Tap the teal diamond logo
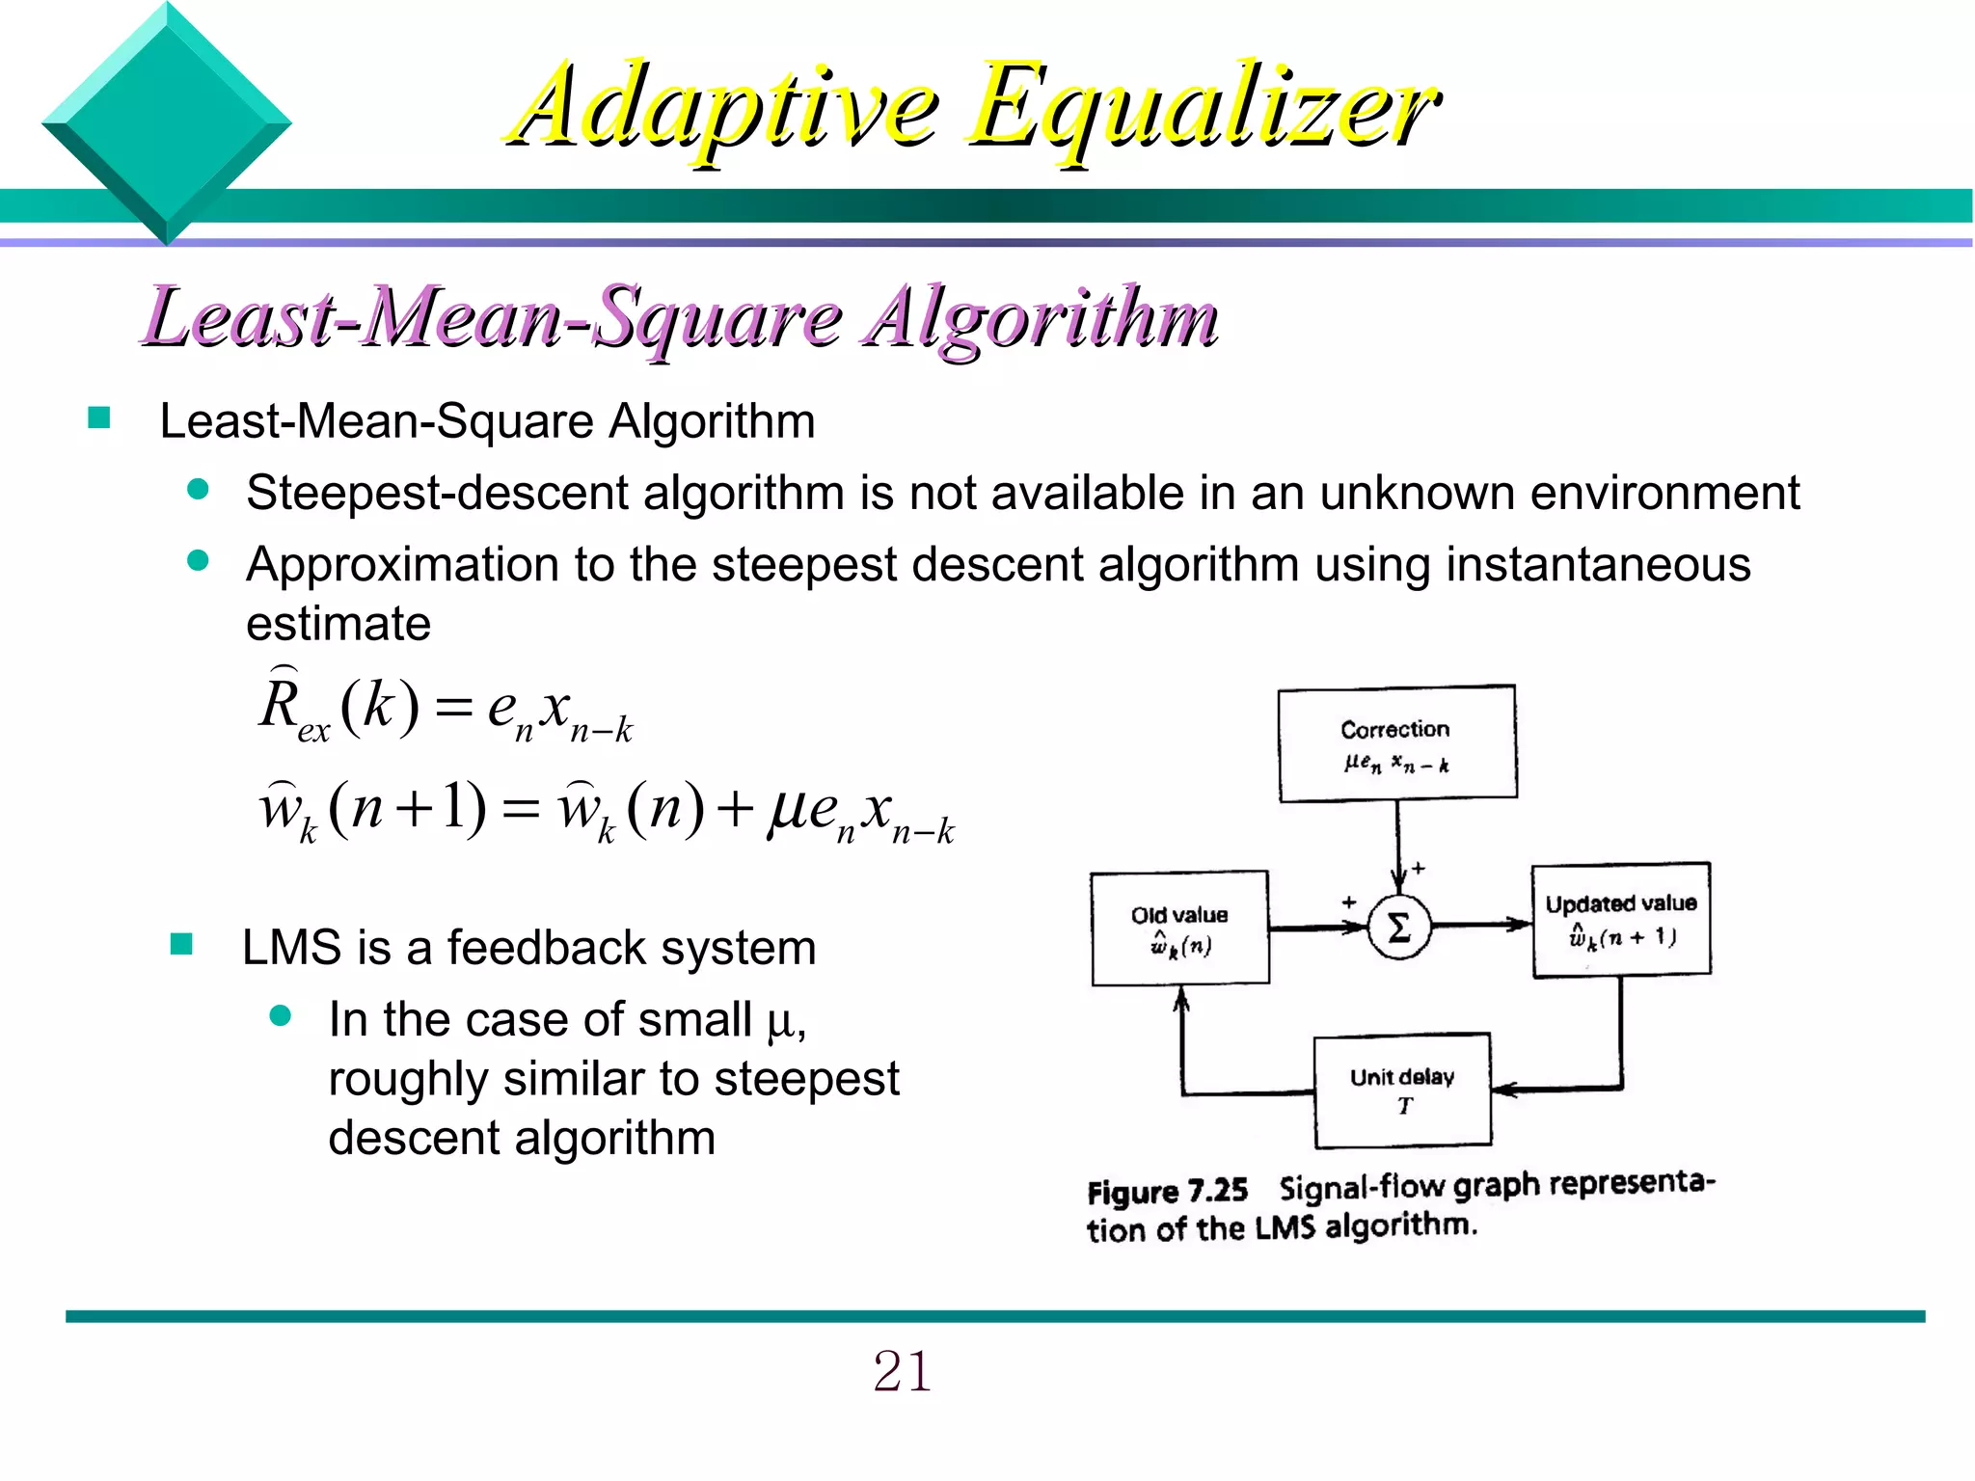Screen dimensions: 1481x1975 pyautogui.click(x=166, y=123)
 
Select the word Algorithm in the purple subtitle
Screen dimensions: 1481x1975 pyautogui.click(x=1042, y=318)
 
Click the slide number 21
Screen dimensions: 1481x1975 pyautogui.click(x=902, y=1371)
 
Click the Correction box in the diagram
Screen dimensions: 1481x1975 pyautogui.click(x=1397, y=743)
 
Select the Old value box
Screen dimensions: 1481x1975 pyautogui.click(x=1179, y=929)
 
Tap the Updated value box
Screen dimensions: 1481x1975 pyautogui.click(x=1621, y=920)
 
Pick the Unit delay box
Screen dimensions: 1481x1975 pyautogui.click(x=1402, y=1091)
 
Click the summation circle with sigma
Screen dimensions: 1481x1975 pyautogui.click(x=1398, y=928)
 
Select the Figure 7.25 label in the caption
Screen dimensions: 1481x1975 pyautogui.click(x=1167, y=1192)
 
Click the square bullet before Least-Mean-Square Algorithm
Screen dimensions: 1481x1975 pyautogui.click(x=98, y=418)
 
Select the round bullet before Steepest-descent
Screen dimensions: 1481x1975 pyautogui.click(x=199, y=490)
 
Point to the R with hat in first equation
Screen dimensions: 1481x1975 pyautogui.click(x=280, y=702)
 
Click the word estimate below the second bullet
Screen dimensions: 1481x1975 pyautogui.click(x=338, y=624)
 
